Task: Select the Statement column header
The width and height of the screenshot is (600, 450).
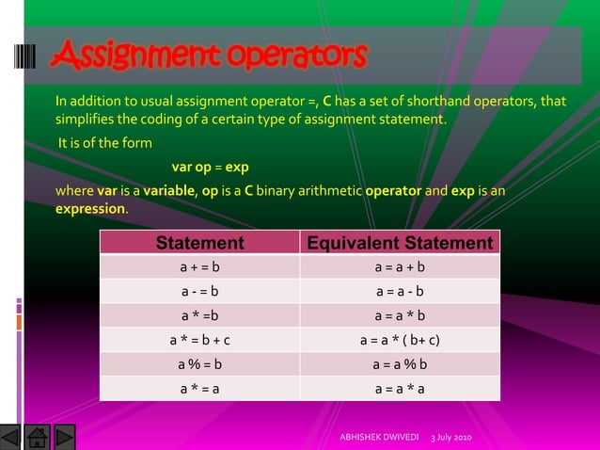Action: [199, 243]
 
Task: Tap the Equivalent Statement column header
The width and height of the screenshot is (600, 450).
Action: [400, 243]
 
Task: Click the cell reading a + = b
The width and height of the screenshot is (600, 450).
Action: [199, 267]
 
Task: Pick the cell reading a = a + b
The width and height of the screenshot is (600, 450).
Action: [400, 267]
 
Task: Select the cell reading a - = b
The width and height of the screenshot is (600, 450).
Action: [199, 291]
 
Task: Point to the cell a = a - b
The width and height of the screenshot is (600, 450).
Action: [400, 291]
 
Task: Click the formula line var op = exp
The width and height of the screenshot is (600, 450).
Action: [210, 167]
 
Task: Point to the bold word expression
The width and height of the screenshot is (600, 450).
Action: [90, 208]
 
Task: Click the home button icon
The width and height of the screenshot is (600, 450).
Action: [37, 437]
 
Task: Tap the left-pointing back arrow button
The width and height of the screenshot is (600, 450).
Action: [10, 437]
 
